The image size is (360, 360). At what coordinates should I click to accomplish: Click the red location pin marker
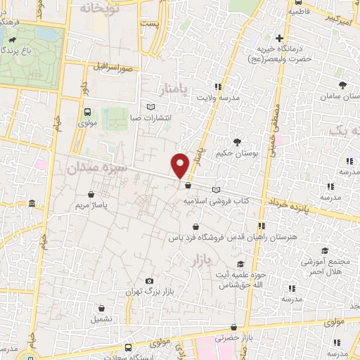tap(181, 165)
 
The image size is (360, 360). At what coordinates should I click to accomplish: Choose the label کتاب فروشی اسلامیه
tap(217, 200)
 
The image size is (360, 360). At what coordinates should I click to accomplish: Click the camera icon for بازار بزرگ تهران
tap(148, 281)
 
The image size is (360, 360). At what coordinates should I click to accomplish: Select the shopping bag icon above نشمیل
tap(102, 307)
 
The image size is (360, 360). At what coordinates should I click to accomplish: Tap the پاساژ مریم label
tap(89, 205)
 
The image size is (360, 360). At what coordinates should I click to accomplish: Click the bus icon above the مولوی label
tap(87, 112)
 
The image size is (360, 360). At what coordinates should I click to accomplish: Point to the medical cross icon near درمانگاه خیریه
tap(280, 38)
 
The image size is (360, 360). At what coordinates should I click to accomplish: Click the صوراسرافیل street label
tap(112, 68)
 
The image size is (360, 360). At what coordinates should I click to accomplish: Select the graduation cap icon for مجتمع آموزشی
tap(324, 251)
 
